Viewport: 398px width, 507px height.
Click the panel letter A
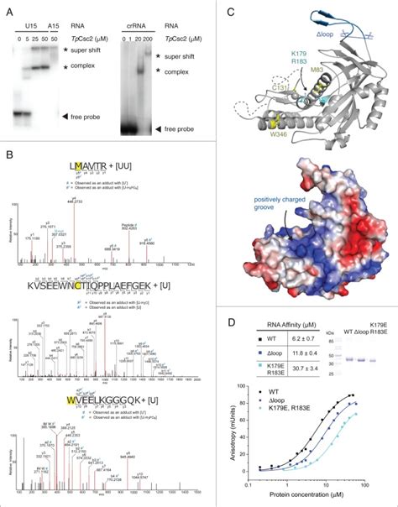pos(9,10)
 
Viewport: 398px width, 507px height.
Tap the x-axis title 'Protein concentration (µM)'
pos(318,499)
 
